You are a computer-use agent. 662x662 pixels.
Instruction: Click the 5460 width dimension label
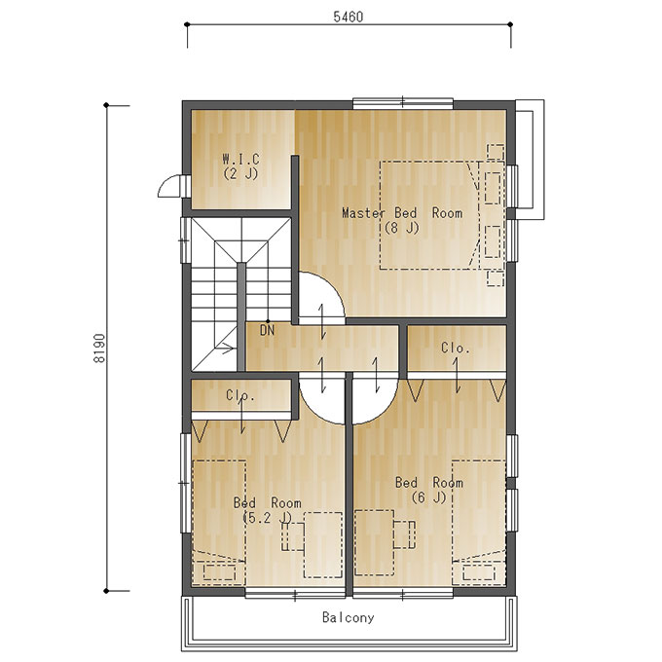(348, 17)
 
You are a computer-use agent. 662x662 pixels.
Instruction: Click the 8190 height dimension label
(99, 349)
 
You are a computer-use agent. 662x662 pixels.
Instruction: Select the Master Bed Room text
(402, 213)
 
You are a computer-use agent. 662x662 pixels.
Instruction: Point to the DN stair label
(268, 330)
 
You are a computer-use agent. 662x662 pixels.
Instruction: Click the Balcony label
(348, 617)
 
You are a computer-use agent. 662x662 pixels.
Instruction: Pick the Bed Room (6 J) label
(429, 490)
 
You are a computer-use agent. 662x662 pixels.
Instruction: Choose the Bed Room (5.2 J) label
(268, 510)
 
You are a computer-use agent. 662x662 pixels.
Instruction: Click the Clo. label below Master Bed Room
(456, 348)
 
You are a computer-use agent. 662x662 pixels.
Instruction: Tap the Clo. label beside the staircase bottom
(239, 395)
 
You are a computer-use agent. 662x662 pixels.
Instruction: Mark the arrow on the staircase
(225, 349)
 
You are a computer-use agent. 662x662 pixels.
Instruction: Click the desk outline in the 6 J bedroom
(374, 542)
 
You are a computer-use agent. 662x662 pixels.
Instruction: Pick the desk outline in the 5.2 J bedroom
(323, 544)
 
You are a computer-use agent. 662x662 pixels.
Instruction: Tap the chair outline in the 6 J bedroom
(404, 534)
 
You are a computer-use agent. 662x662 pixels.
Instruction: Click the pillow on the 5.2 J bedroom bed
(220, 572)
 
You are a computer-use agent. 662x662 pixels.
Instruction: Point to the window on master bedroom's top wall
(403, 102)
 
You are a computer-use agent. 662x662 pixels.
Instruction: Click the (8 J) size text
(401, 228)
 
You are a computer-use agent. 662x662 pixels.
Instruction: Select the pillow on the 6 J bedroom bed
(479, 572)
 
